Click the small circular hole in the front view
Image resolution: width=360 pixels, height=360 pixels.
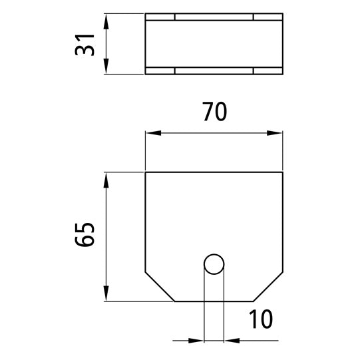pyautogui.click(x=214, y=264)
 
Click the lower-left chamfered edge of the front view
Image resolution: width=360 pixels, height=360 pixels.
pyautogui.click(x=160, y=287)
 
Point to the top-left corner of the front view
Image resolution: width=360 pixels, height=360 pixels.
pyautogui.click(x=146, y=172)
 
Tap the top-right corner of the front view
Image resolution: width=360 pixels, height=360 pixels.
pyautogui.click(x=283, y=172)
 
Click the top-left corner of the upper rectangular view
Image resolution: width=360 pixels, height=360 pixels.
pyautogui.click(x=146, y=13)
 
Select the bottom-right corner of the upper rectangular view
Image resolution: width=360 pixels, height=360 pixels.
pyautogui.click(x=283, y=75)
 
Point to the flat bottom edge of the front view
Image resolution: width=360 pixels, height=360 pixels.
pyautogui.click(x=214, y=301)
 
